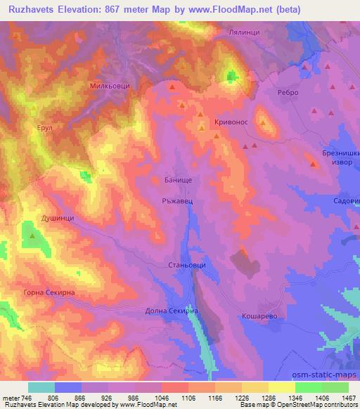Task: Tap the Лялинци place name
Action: point(245,32)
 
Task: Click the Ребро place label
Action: point(288,92)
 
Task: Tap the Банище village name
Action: point(169,181)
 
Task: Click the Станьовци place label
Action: point(186,266)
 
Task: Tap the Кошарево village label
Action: point(260,316)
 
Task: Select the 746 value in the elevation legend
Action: point(28,398)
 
